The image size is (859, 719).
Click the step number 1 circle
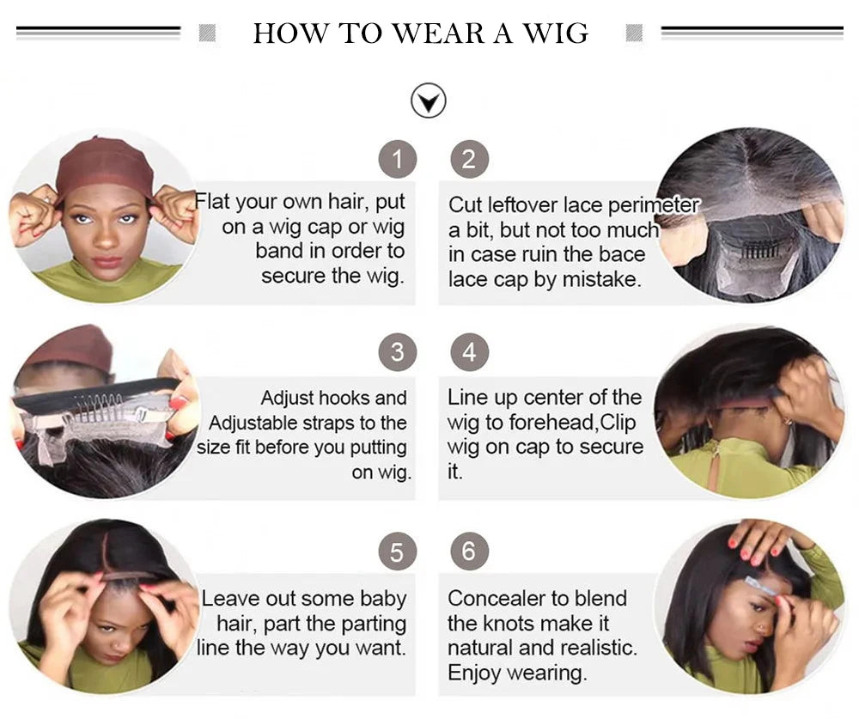397,160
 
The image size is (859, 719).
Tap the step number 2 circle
469,160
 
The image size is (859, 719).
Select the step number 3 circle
397,353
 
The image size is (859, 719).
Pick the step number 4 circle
469,353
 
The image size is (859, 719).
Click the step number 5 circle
397,551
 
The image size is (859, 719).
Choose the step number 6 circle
469,551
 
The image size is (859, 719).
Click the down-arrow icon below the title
429,101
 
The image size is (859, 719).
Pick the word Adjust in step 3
288,399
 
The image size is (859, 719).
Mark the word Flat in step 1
213,202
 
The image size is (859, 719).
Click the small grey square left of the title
207,34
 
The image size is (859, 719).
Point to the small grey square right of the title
635,34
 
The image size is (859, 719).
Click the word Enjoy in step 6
475,672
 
